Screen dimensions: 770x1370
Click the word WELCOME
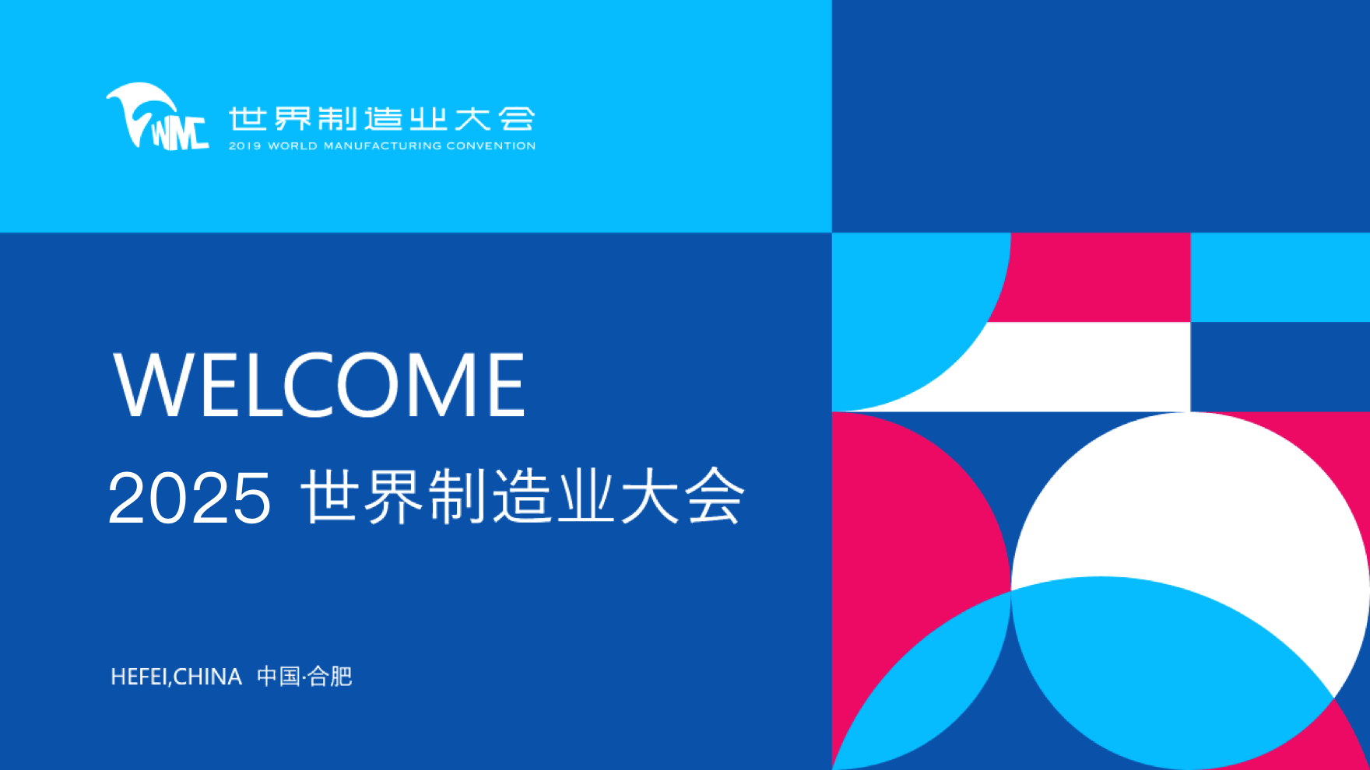click(319, 384)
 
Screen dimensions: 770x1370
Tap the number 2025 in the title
click(189, 498)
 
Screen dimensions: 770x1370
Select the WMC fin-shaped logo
click(156, 117)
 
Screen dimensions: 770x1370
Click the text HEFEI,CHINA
click(176, 677)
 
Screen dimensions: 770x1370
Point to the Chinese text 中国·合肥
click(304, 677)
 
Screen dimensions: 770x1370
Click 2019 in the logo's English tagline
click(244, 146)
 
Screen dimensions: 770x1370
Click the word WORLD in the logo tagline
click(293, 146)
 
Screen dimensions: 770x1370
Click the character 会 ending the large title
click(715, 496)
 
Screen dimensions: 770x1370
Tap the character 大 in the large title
click(651, 496)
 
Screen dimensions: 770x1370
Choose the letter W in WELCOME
click(153, 384)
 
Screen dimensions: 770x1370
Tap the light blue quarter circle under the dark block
click(903, 311)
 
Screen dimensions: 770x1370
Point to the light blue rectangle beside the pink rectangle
click(1280, 277)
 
